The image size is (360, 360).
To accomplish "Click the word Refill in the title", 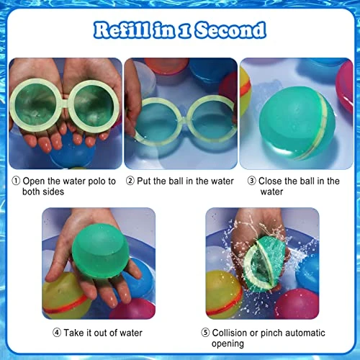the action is (122, 30).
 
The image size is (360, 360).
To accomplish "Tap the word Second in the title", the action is (230, 30).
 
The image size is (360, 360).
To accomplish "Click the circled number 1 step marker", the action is (16, 181).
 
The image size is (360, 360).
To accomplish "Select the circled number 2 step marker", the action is (130, 181).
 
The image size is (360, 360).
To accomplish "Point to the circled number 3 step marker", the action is (252, 181).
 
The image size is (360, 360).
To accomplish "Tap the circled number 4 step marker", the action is (57, 333).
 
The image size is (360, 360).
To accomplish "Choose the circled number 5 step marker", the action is (205, 333).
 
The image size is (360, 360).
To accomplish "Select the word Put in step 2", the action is (143, 181).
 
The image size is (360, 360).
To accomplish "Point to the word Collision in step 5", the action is (230, 333).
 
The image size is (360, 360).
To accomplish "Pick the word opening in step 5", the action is (228, 344).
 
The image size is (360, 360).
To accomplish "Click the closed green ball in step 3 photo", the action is (297, 123).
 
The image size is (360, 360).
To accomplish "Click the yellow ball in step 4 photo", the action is (65, 296).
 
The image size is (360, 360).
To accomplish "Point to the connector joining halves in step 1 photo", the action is (64, 105).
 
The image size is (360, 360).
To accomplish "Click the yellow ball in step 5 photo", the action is (223, 294).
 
